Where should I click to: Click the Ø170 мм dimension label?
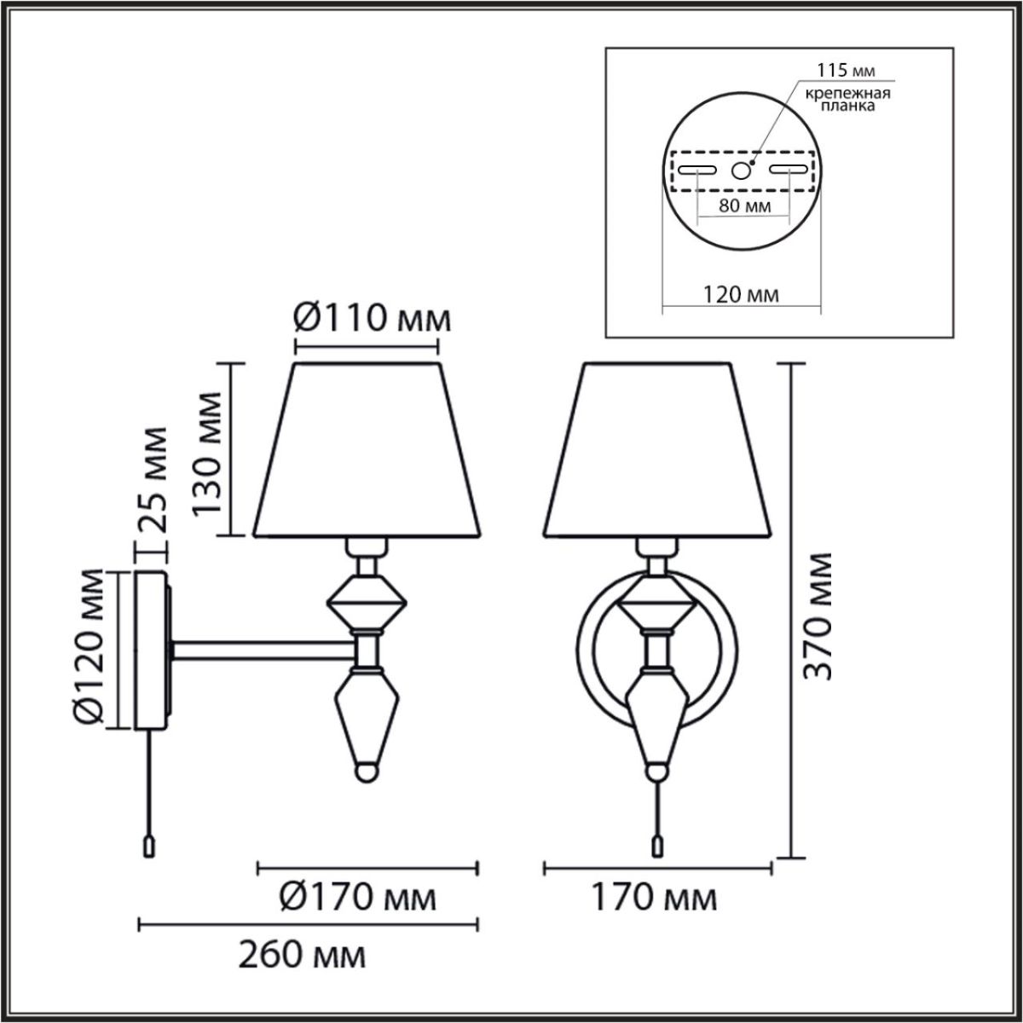(359, 898)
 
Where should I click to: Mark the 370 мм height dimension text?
(820, 616)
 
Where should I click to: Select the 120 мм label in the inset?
(741, 296)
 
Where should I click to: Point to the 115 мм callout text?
(846, 69)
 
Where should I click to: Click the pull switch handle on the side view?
(150, 846)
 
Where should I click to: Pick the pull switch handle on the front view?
(656, 844)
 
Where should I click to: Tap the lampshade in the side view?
(367, 452)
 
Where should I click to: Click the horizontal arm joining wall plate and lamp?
(264, 650)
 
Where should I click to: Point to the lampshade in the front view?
(657, 452)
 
